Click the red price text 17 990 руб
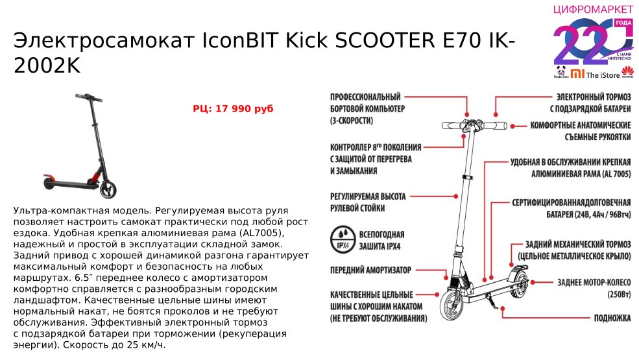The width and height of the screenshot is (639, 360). click(233, 109)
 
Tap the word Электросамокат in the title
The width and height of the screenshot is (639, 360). click(95, 41)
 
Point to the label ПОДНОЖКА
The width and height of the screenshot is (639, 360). click(612, 318)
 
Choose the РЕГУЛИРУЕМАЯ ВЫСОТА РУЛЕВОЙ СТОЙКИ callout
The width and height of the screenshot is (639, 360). click(368, 202)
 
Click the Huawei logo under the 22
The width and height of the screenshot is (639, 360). click(627, 73)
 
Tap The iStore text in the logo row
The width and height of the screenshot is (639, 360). click(601, 75)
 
